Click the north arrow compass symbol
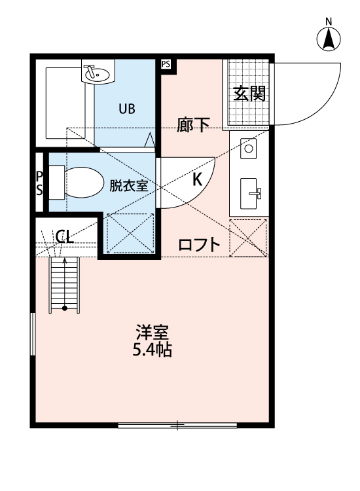[329, 40]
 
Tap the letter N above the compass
[329, 21]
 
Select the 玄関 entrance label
[249, 94]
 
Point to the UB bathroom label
[126, 109]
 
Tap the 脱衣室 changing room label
[128, 185]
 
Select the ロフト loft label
[199, 245]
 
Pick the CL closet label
[64, 237]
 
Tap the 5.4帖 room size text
[152, 350]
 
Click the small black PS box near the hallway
[166, 64]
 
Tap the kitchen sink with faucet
[251, 193]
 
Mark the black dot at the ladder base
[65, 307]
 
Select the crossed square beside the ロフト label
[249, 237]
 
